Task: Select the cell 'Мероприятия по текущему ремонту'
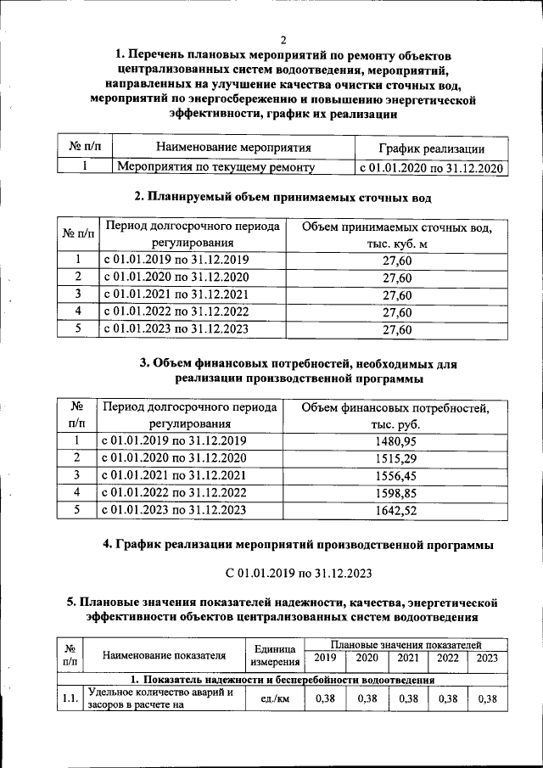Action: tap(216, 168)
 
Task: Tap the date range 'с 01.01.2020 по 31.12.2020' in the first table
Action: tap(431, 168)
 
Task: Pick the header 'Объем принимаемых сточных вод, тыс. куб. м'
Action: tap(397, 236)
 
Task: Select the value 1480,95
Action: tap(397, 441)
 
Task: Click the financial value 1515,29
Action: tap(397, 458)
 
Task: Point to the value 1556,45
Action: tap(397, 475)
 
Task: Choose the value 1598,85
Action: tap(397, 492)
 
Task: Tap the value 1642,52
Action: tap(397, 510)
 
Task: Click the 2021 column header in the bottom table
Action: tap(408, 658)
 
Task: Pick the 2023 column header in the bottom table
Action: tap(487, 658)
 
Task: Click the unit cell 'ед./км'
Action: tap(274, 698)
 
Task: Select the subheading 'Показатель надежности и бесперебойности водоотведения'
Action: tap(288, 680)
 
